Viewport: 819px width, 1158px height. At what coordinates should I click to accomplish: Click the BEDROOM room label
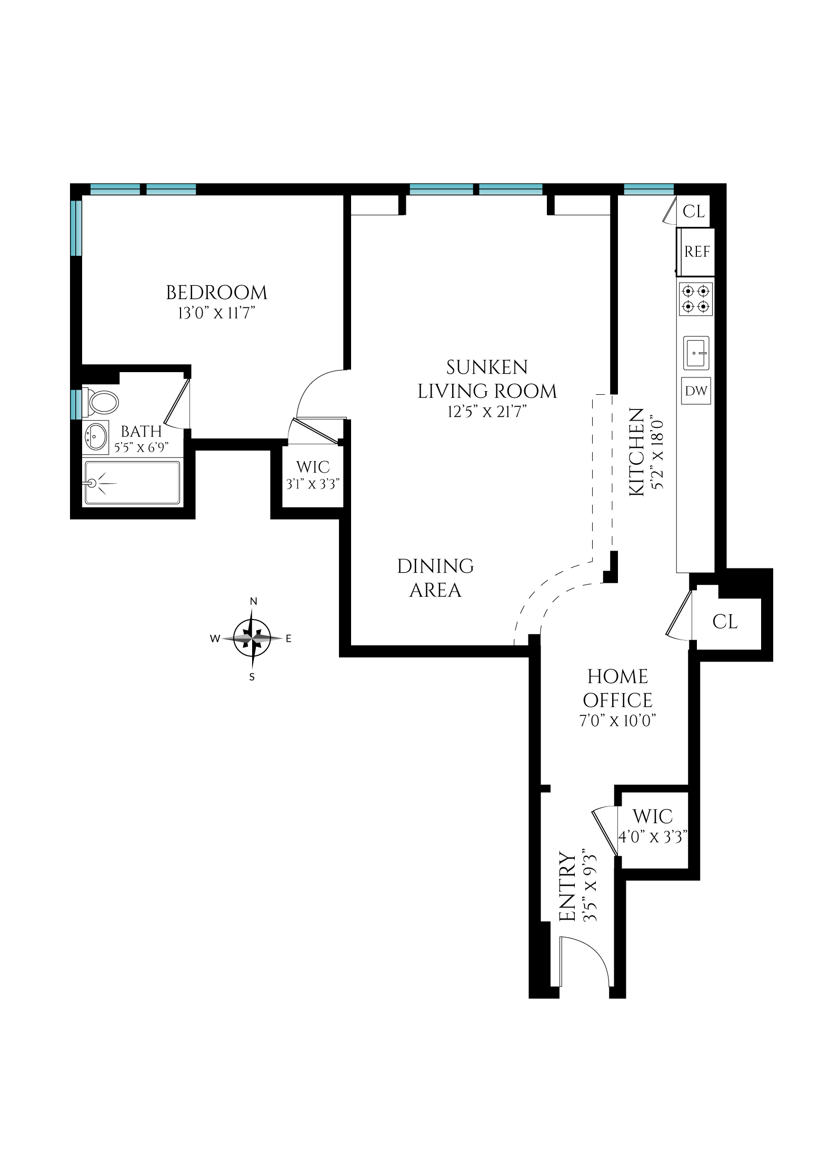(216, 293)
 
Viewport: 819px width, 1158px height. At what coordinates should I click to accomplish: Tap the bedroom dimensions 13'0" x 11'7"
(216, 314)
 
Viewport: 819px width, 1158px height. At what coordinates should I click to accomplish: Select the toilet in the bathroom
(102, 403)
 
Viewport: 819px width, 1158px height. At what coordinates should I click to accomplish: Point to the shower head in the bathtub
(93, 482)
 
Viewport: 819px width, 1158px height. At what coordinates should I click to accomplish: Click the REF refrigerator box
(696, 252)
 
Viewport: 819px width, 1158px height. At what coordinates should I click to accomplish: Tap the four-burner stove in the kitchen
(695, 299)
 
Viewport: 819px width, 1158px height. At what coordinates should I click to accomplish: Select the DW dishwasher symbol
(695, 391)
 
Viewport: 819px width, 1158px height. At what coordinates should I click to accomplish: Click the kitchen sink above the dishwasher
(696, 353)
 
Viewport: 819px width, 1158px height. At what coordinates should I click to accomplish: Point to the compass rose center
(252, 638)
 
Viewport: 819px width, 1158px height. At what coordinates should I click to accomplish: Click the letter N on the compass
(253, 602)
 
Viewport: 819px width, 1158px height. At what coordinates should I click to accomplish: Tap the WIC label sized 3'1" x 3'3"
(313, 475)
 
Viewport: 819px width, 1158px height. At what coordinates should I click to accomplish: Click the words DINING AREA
(435, 578)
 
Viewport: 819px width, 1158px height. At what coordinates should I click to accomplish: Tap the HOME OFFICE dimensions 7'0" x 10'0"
(617, 721)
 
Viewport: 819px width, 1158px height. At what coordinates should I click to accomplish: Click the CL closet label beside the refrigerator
(693, 212)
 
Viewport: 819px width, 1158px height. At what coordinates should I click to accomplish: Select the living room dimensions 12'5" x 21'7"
(487, 412)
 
